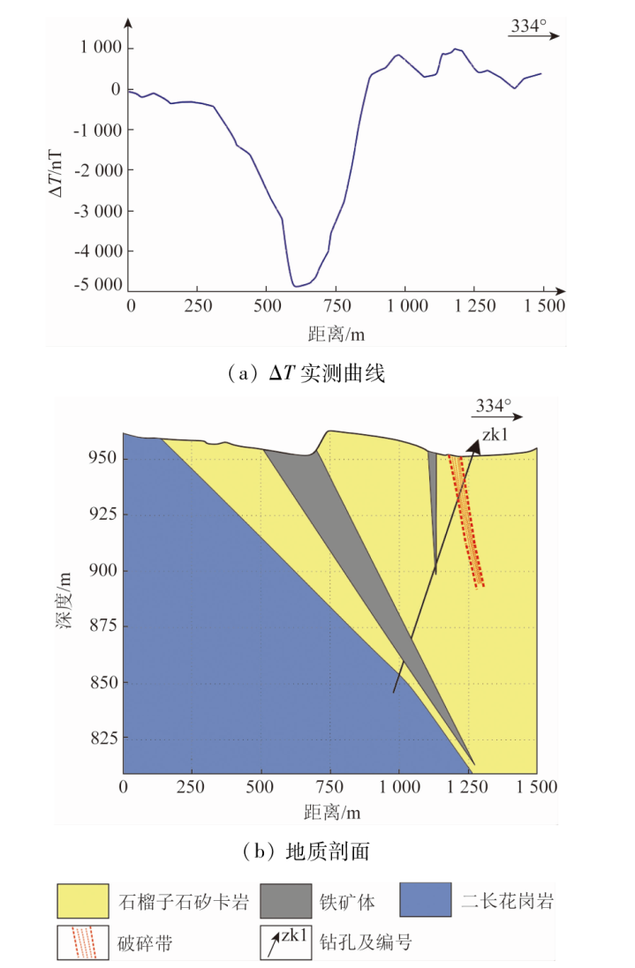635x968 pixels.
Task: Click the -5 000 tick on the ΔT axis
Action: (98, 285)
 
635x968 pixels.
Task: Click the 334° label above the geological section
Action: (494, 406)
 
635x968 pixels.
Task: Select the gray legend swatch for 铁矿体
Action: (285, 901)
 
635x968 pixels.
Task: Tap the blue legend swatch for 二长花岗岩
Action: (425, 901)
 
